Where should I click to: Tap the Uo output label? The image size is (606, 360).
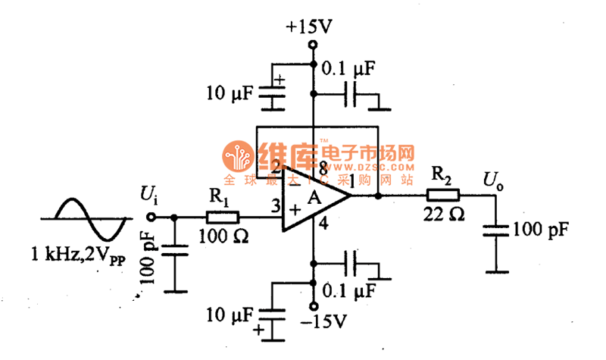[x=494, y=180]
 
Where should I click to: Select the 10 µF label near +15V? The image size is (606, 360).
[x=227, y=94]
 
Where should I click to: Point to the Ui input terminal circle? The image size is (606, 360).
[x=150, y=217]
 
